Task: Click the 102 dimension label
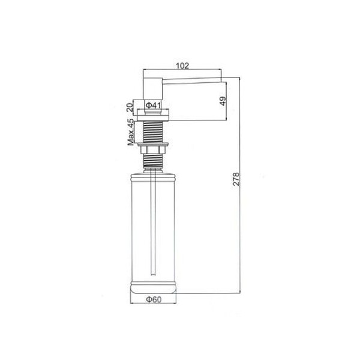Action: (x=182, y=65)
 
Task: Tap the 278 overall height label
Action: (x=236, y=179)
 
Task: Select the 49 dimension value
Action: (x=223, y=101)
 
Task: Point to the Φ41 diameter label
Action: (x=153, y=106)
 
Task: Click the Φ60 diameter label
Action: (x=154, y=299)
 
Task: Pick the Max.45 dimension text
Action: (x=131, y=132)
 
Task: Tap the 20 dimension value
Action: (x=130, y=107)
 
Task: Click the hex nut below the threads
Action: (x=153, y=150)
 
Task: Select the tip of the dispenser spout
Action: (x=221, y=80)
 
